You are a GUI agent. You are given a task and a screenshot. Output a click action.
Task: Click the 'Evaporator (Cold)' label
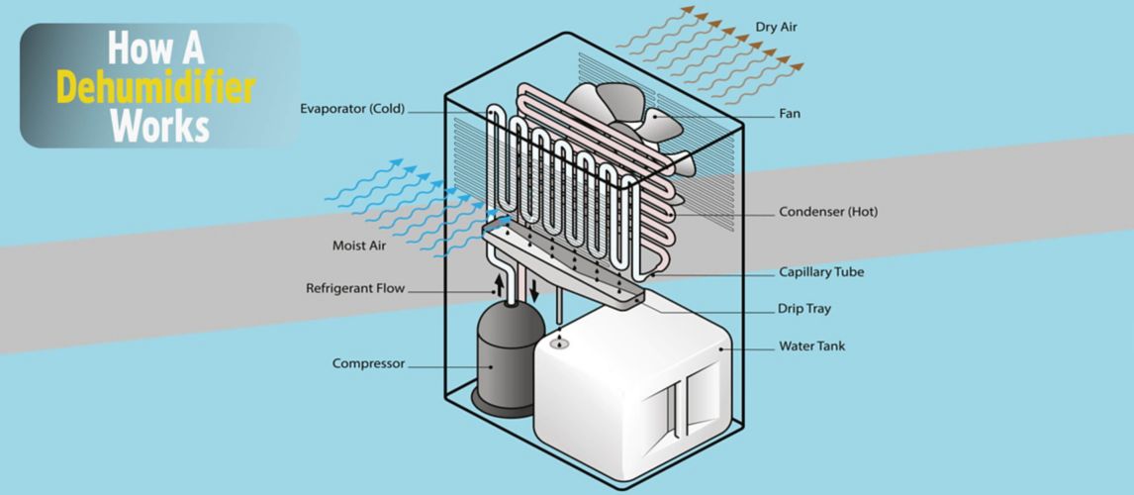coord(352,110)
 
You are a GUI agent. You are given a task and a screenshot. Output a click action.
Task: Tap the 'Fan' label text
coord(790,115)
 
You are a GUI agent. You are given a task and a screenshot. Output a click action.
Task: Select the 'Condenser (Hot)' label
coord(828,212)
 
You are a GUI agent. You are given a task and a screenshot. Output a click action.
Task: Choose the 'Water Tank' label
coord(812,346)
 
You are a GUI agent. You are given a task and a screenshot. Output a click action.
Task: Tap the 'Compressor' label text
coord(368,364)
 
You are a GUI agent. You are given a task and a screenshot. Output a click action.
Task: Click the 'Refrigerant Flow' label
coord(355,290)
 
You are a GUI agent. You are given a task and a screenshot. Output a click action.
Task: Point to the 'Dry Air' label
coord(776,28)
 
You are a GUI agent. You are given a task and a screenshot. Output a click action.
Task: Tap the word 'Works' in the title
coord(159,127)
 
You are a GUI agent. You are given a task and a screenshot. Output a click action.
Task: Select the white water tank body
coord(594,396)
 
